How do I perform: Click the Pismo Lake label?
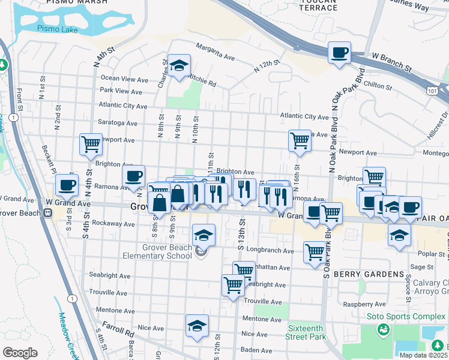point(52,28)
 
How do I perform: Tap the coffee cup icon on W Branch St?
point(339,52)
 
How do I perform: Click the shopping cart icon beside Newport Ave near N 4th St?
point(91,143)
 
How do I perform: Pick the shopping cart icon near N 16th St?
point(300,141)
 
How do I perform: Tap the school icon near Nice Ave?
point(197,326)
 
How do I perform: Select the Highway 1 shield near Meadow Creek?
point(73,298)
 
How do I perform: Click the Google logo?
point(20,353)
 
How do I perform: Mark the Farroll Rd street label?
point(118,331)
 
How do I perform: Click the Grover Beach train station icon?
point(47,213)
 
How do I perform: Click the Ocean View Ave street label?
point(124,79)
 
